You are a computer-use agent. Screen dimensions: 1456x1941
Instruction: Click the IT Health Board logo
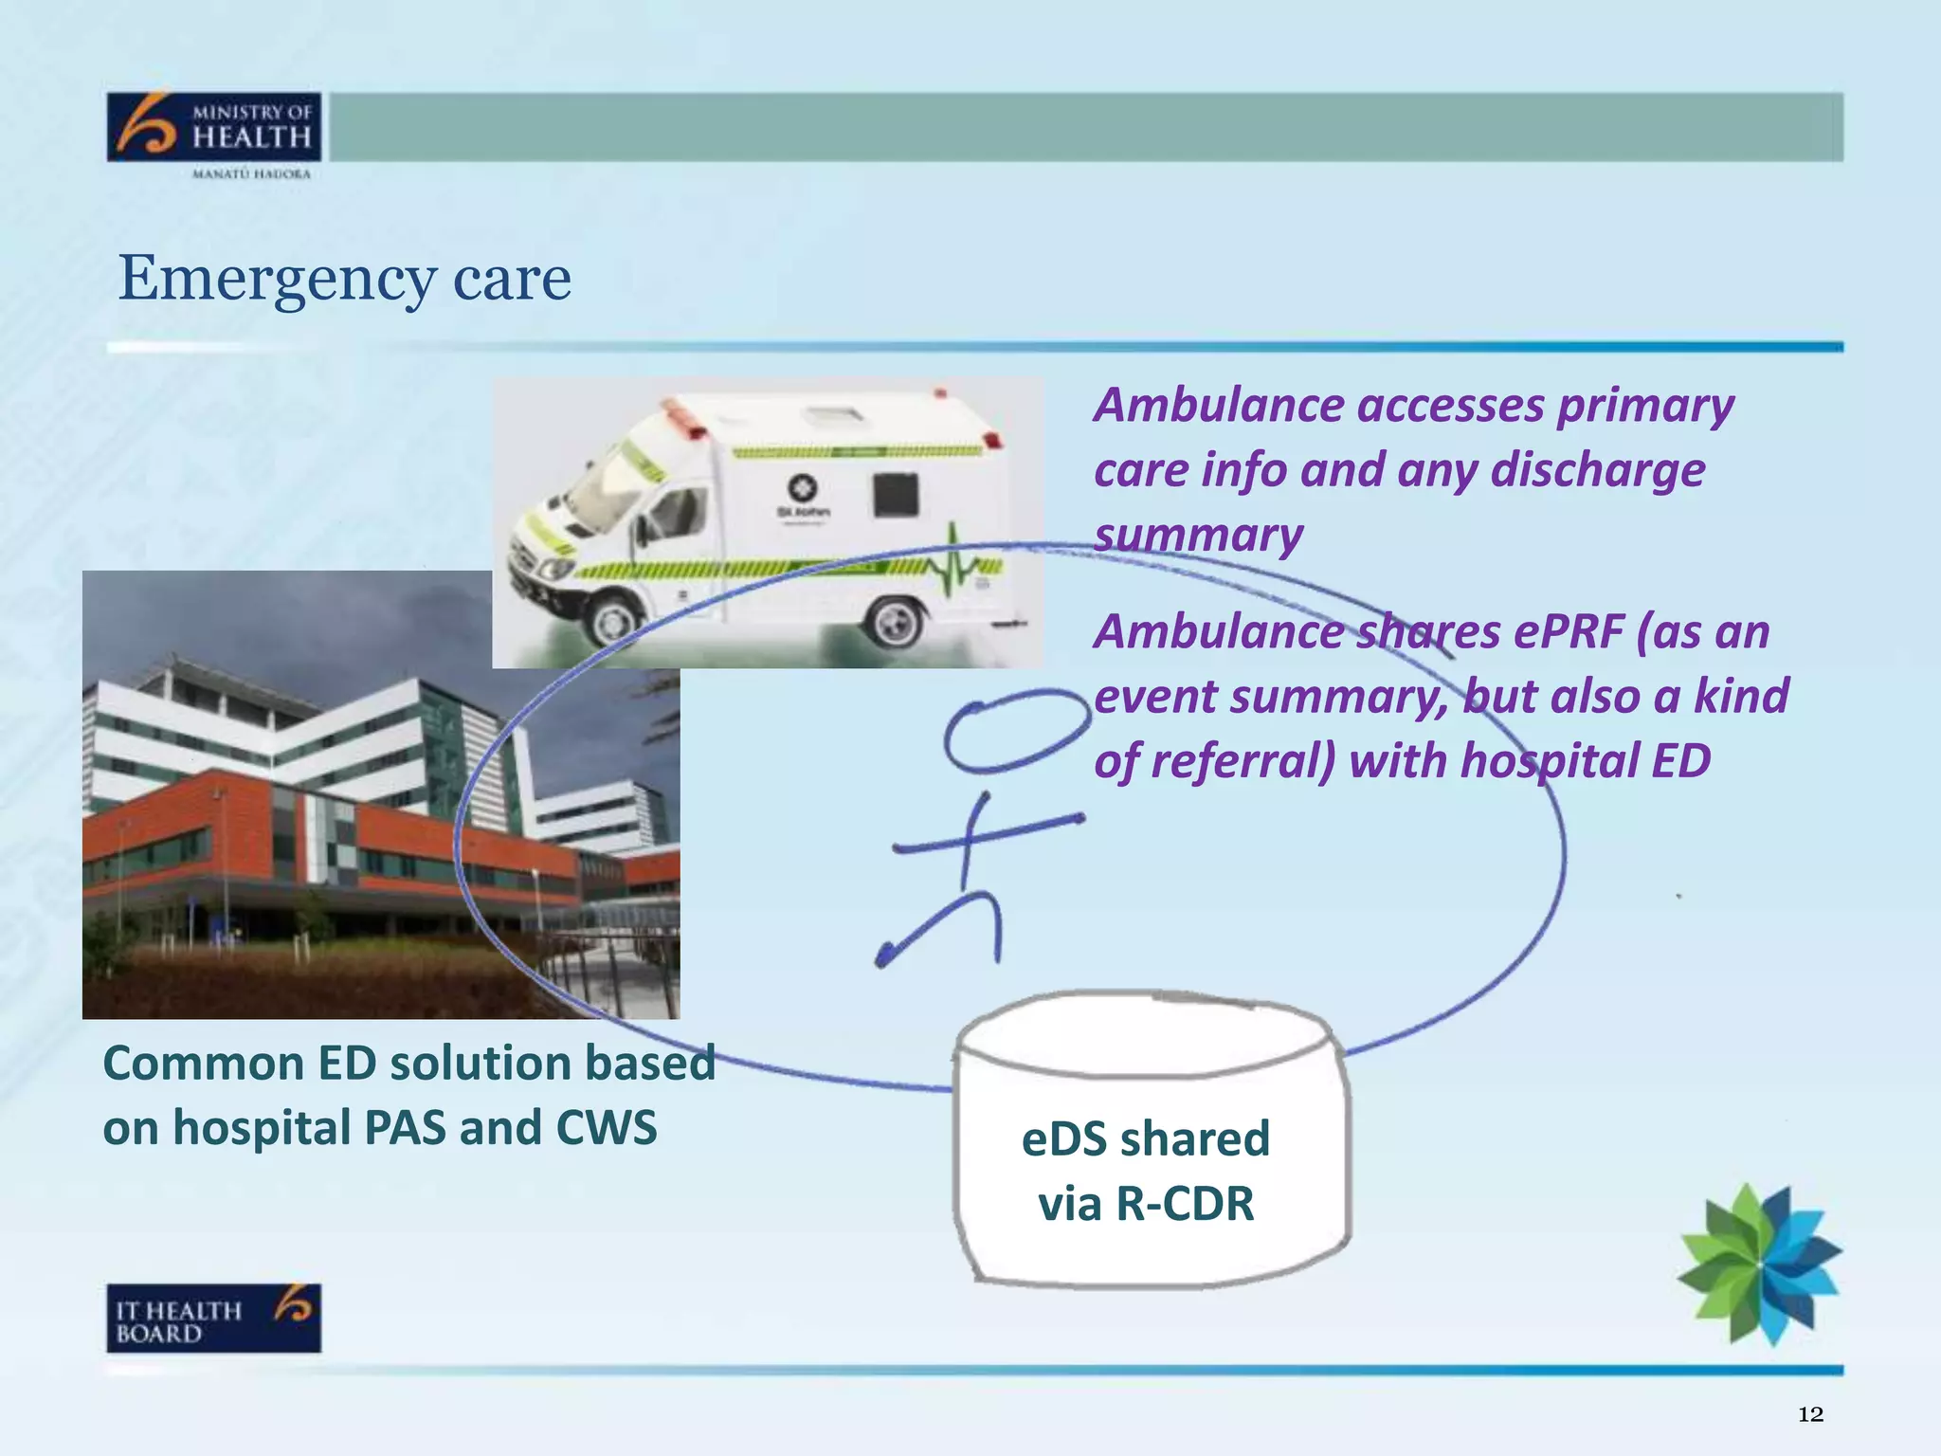(214, 1318)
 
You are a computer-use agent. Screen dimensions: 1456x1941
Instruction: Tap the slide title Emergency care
(344, 279)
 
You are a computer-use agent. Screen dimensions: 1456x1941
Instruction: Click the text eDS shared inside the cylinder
(1145, 1138)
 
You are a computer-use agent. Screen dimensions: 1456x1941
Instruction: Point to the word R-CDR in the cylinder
(1185, 1204)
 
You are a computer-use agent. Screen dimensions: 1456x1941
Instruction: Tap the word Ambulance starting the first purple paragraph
(1219, 406)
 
